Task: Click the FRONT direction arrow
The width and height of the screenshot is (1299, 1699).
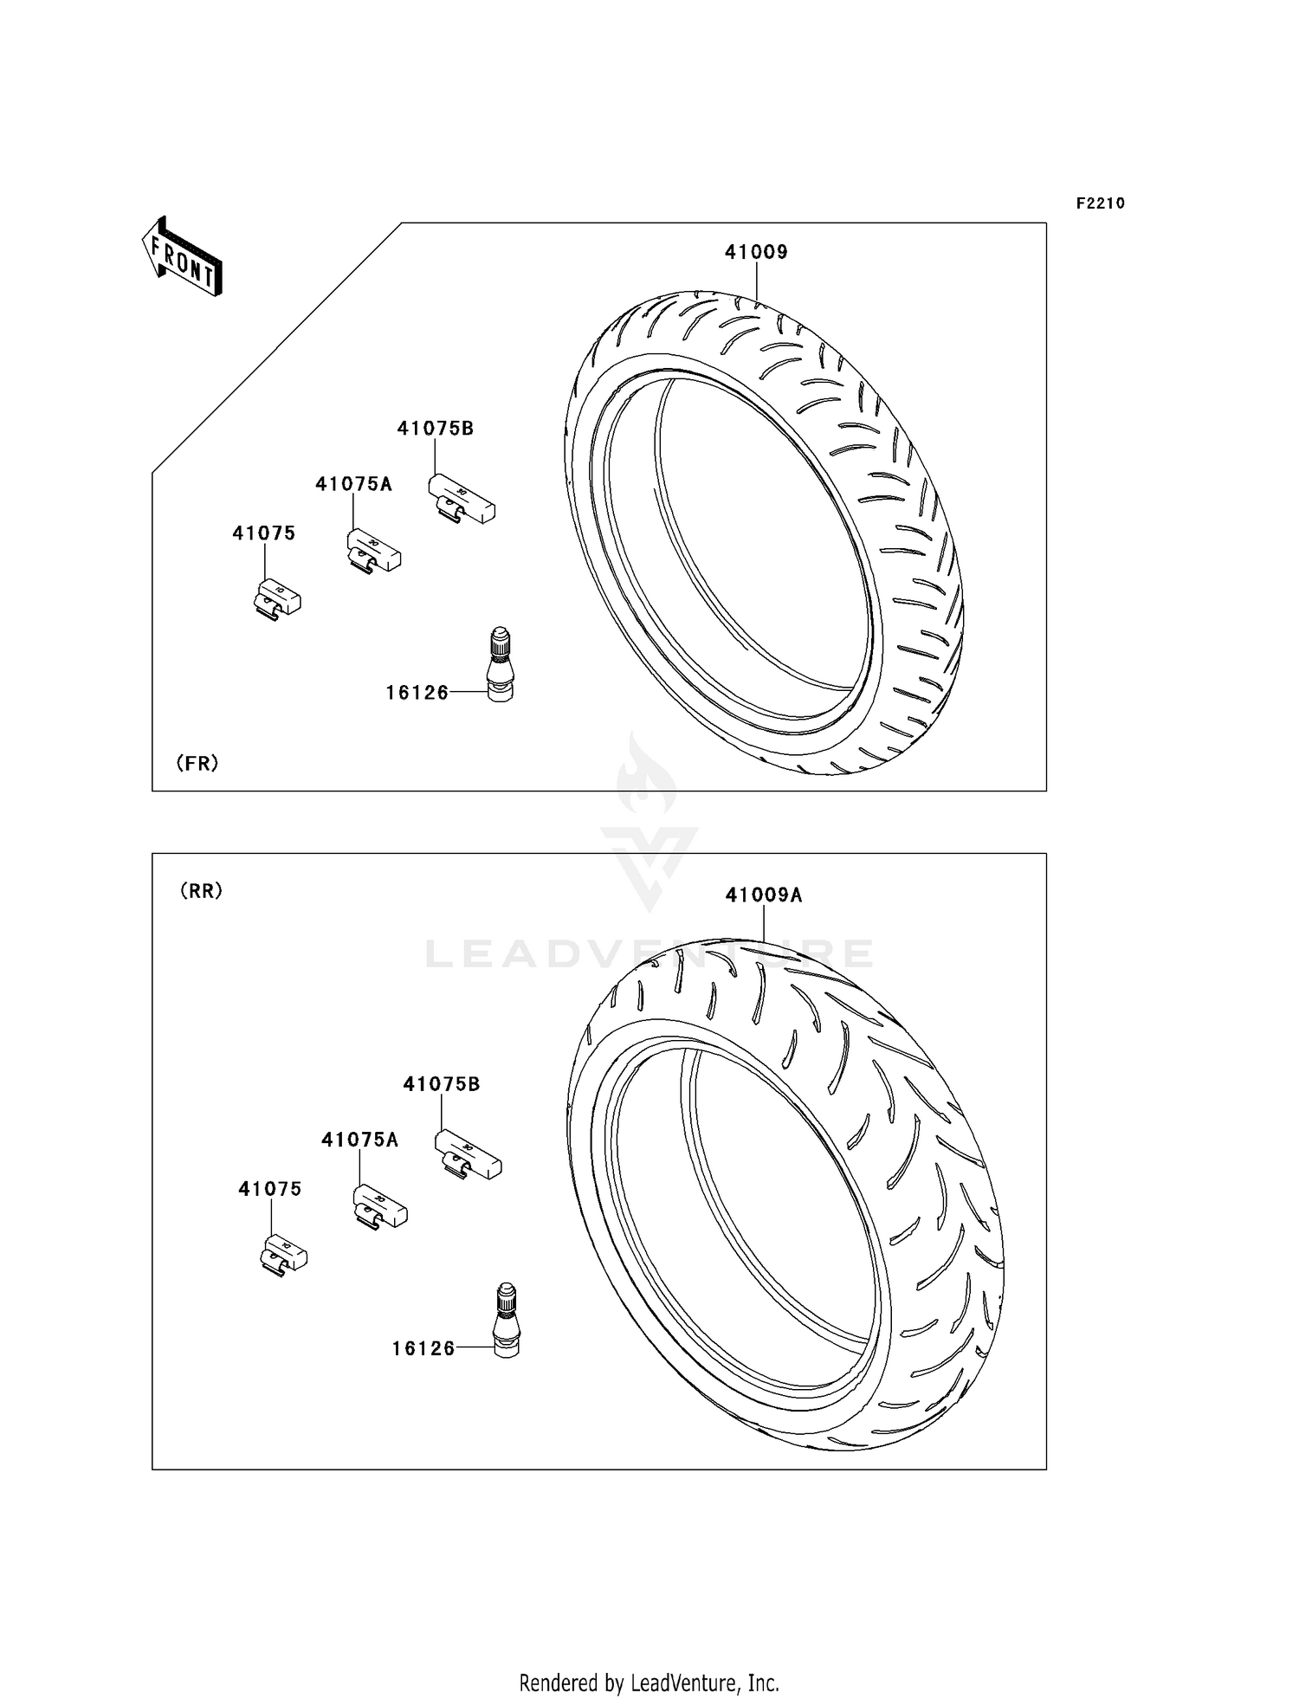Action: coord(183,257)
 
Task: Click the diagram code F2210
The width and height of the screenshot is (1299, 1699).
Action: coord(1100,203)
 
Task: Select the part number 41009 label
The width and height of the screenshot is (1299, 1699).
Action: coord(756,252)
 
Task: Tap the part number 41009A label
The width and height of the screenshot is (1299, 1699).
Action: coord(764,895)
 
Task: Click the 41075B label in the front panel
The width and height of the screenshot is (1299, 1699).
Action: coord(436,429)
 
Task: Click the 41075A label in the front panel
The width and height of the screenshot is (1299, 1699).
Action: coord(353,485)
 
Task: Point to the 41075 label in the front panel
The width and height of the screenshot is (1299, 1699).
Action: coord(264,533)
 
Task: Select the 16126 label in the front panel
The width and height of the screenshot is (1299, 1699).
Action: coord(417,693)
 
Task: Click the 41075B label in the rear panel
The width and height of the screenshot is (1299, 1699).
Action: coord(442,1084)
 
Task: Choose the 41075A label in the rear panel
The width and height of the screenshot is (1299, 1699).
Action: coord(359,1140)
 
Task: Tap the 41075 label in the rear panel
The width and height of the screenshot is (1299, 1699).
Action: coord(270,1190)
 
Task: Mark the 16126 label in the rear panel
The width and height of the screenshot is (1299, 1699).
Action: coord(423,1348)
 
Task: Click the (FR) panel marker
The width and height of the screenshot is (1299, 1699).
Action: coord(197,763)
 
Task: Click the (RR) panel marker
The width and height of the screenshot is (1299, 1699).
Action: coord(202,891)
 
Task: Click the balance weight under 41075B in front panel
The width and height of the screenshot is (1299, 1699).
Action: coord(462,500)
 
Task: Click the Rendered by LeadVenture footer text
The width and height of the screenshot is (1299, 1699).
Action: coord(649,1683)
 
